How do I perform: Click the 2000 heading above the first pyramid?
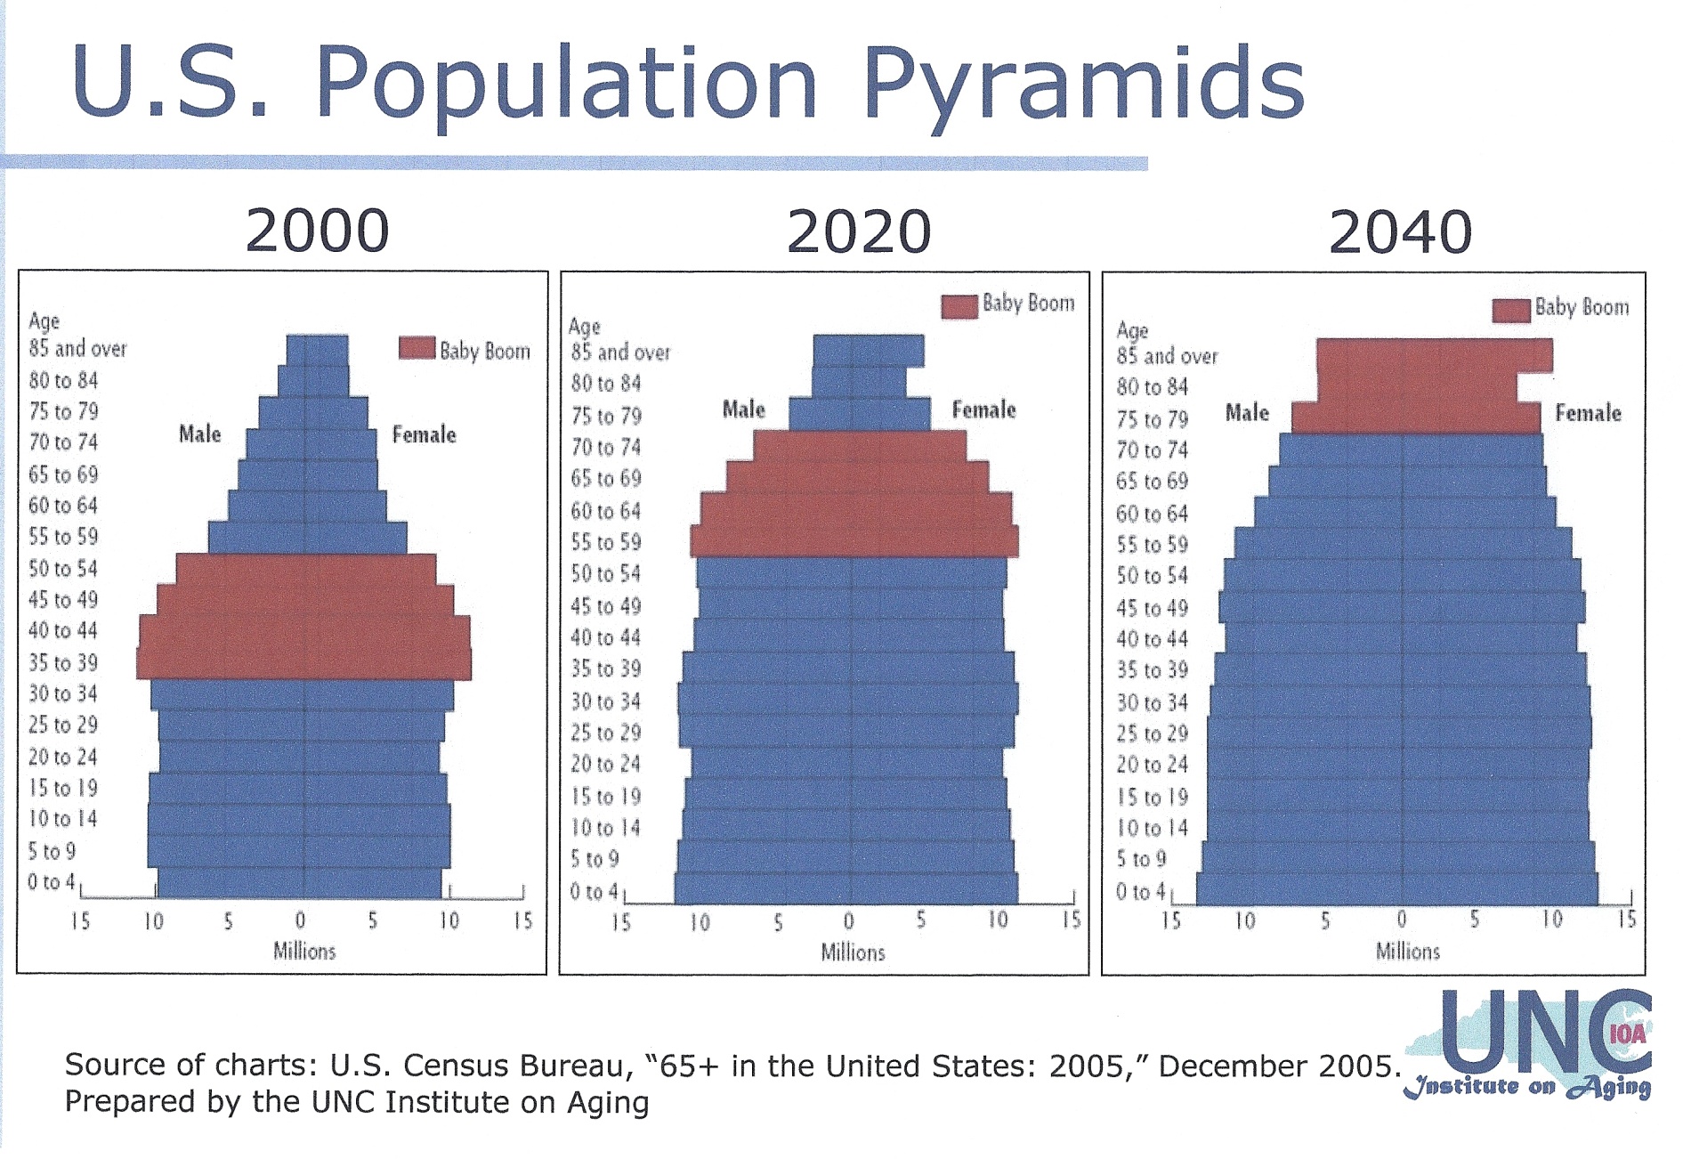pos(317,231)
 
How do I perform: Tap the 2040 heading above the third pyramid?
pos(1400,232)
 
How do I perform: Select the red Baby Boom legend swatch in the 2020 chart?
pos(959,306)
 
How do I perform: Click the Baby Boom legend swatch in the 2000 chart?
pos(417,348)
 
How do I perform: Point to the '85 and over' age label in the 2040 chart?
pos(1167,357)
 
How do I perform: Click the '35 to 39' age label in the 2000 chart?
pos(63,663)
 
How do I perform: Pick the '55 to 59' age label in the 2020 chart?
pos(606,542)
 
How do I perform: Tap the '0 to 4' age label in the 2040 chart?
pos(1141,891)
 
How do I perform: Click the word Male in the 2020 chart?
pos(744,409)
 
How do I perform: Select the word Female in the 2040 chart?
pos(1588,413)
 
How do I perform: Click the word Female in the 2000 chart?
pos(425,434)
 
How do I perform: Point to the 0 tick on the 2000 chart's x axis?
pos(301,920)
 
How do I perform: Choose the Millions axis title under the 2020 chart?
pos(853,952)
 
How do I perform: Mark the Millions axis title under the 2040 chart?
pos(1407,952)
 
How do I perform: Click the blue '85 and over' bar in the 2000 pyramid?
pos(318,350)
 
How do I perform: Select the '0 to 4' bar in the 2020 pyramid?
pos(846,889)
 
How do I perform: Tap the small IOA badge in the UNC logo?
pos(1627,1033)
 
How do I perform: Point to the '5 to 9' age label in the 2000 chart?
pos(52,852)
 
